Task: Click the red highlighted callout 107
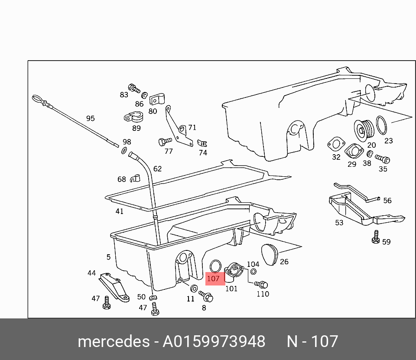(213, 279)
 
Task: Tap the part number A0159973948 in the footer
(214, 342)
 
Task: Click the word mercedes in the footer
(114, 342)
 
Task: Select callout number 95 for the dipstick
(90, 118)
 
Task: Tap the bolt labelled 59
(376, 237)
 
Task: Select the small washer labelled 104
(253, 272)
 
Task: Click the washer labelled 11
(194, 289)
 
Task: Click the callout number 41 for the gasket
(119, 211)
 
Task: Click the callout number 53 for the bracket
(339, 223)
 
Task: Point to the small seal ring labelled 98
(124, 150)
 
